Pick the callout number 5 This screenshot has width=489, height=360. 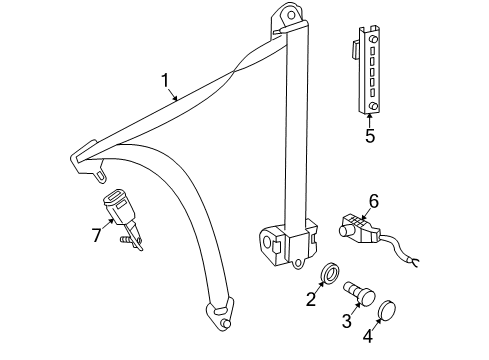click(369, 136)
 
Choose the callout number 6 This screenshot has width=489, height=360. click(374, 201)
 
